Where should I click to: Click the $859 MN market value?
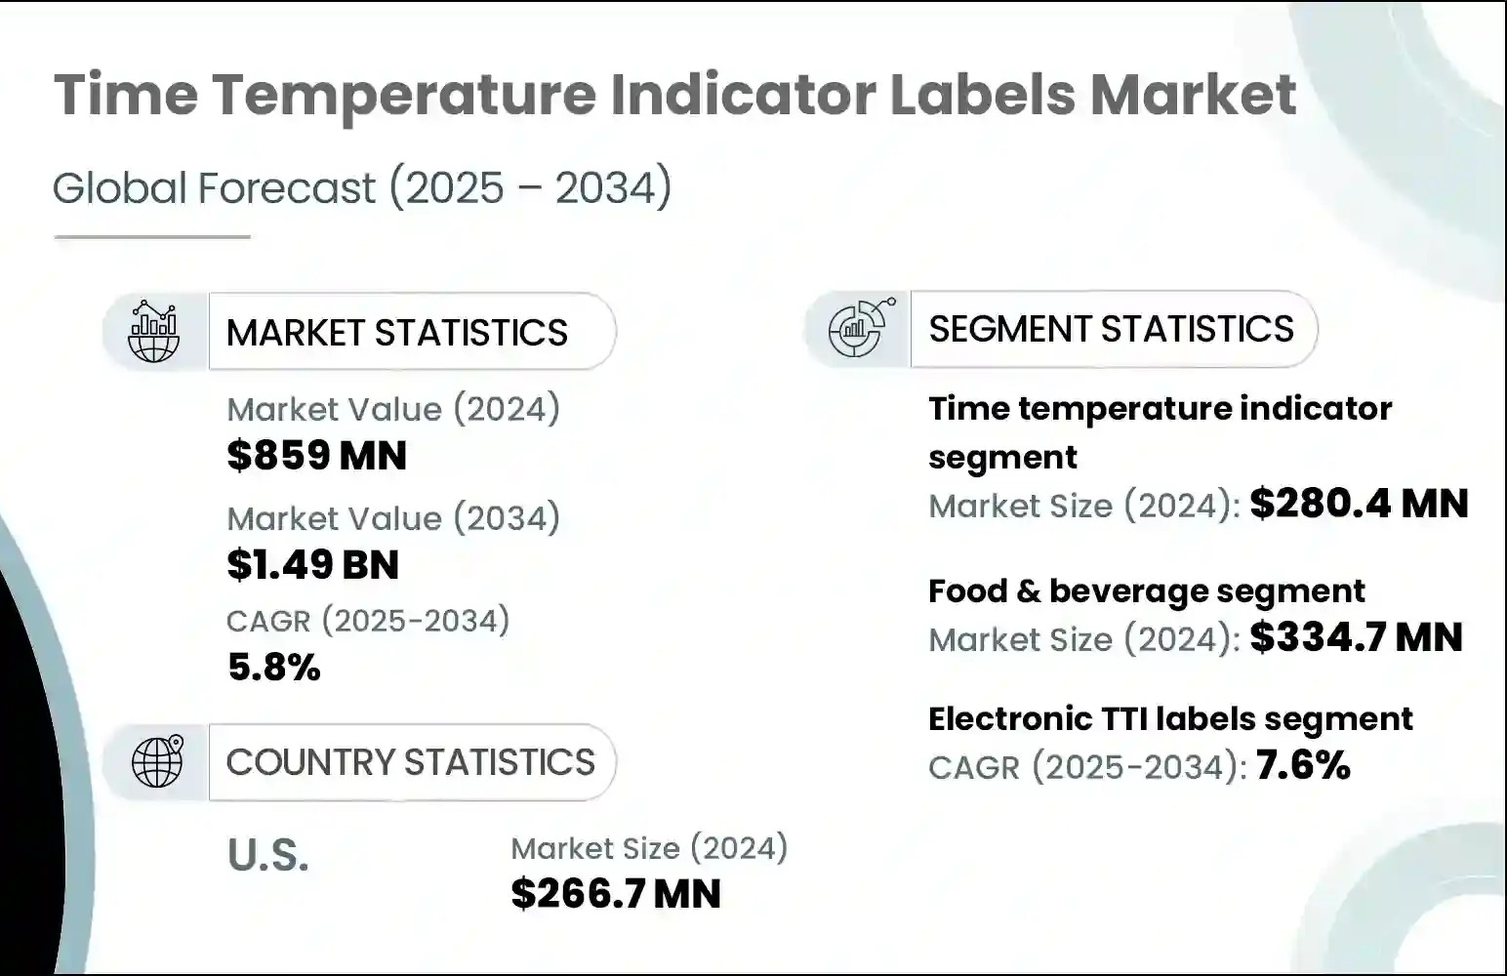[x=316, y=456]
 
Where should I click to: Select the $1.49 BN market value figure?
[x=312, y=565]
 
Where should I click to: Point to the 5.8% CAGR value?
[x=273, y=668]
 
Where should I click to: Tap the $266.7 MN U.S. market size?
[x=615, y=894]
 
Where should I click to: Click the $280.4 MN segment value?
[x=1359, y=504]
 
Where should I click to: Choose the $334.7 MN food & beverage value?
[x=1356, y=637]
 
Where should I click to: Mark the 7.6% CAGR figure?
[x=1303, y=765]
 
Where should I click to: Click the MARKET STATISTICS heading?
[x=396, y=333]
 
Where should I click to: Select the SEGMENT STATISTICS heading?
[x=1111, y=329]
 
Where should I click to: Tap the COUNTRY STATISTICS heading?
[x=410, y=762]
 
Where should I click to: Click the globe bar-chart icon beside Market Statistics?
[x=154, y=332]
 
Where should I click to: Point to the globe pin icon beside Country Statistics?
[x=157, y=761]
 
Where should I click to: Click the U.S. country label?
[x=268, y=855]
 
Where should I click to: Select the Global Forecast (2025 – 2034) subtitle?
[x=362, y=187]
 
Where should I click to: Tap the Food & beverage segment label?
[x=1146, y=591]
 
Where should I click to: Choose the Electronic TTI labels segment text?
[x=1169, y=719]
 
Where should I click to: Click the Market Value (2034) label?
[x=393, y=518]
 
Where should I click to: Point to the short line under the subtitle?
[x=152, y=237]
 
